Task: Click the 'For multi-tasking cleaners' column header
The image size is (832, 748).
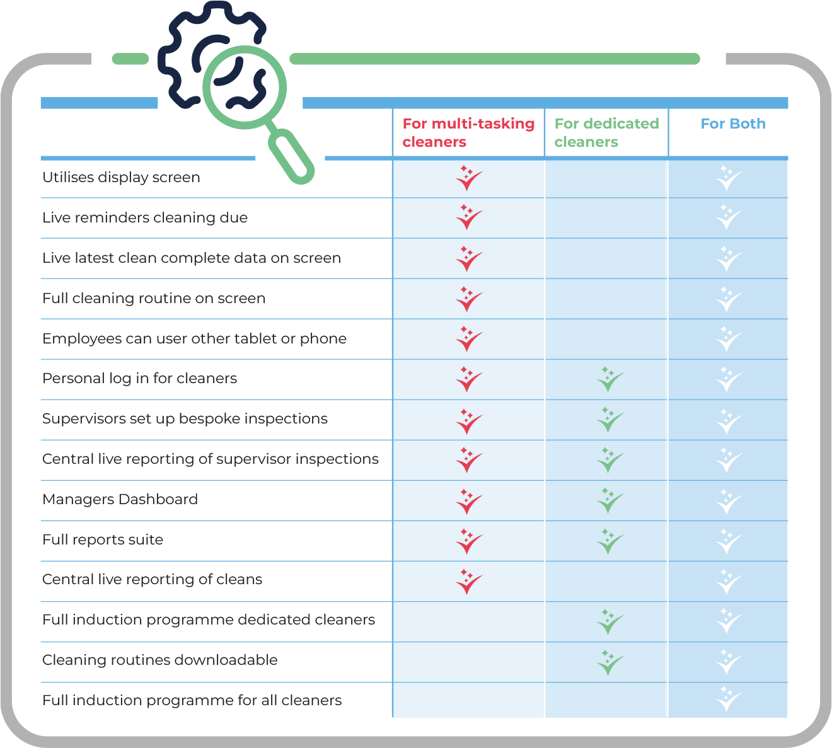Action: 468,132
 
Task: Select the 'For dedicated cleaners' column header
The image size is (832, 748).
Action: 606,132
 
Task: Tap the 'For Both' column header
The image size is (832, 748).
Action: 732,124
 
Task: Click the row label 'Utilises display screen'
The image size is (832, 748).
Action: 121,178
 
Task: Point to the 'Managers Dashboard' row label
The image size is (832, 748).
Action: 120,500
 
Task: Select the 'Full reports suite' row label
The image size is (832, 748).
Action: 103,540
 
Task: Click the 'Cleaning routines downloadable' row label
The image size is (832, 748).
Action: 160,660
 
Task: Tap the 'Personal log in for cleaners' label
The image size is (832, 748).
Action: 139,379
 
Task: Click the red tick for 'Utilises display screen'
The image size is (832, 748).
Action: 468,178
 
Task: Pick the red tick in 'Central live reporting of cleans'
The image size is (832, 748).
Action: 468,582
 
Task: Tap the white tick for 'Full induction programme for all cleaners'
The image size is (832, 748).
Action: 729,699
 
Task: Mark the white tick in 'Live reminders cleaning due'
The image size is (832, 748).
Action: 729,218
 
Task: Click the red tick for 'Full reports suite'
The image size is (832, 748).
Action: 468,541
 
